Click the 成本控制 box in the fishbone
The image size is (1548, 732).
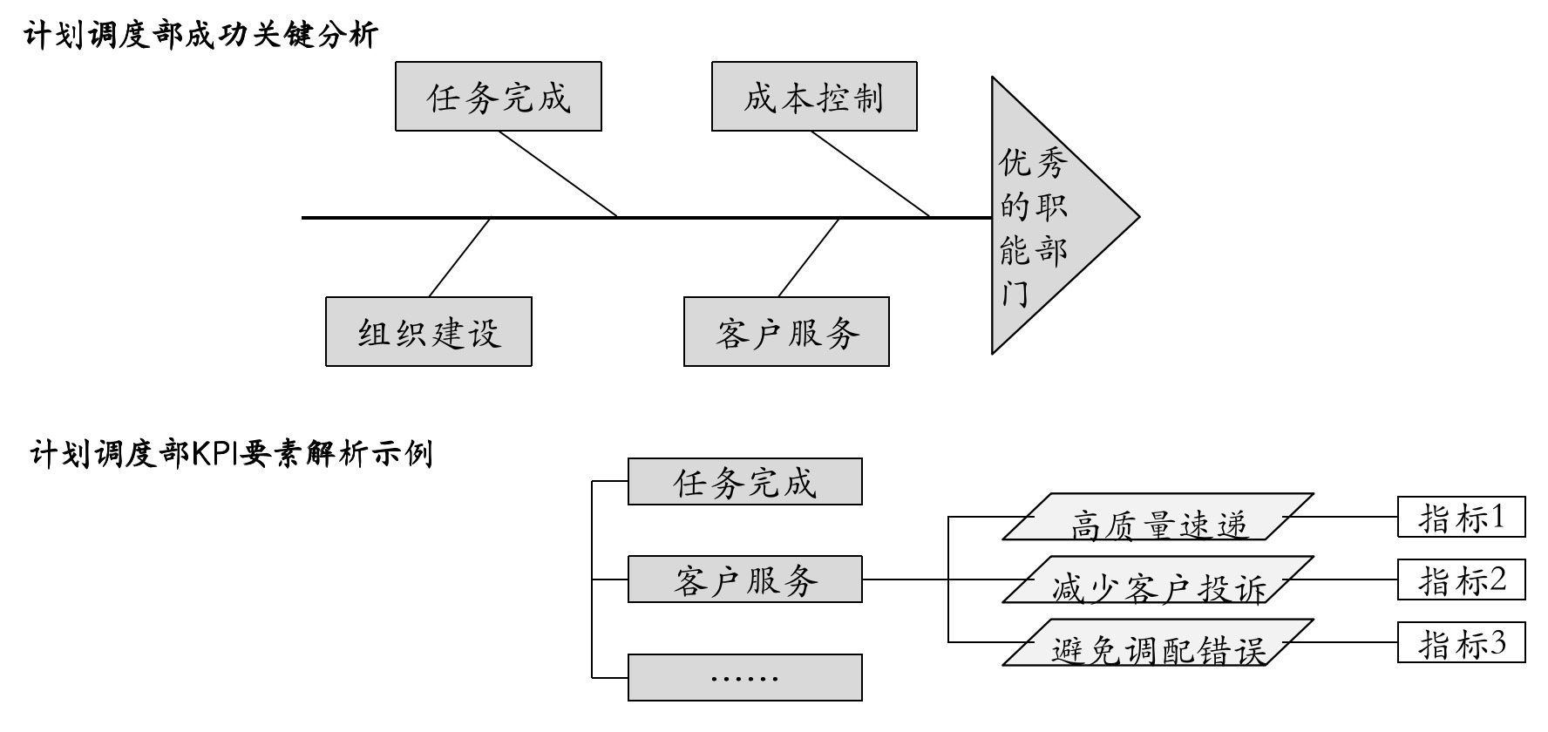pos(814,97)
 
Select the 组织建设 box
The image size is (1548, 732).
pos(428,332)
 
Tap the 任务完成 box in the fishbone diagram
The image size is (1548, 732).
pos(498,97)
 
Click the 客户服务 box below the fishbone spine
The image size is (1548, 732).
pos(786,332)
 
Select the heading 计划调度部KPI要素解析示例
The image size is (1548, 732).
pos(232,454)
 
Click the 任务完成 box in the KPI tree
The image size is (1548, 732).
pos(744,482)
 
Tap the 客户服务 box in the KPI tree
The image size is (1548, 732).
pos(744,579)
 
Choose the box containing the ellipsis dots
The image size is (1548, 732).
pos(744,677)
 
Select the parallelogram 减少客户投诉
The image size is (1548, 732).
pos(1158,580)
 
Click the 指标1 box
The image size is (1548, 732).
pos(1461,517)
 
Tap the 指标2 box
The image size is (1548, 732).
pos(1461,579)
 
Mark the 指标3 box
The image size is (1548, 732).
pos(1461,643)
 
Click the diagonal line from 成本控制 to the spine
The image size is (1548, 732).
pos(870,173)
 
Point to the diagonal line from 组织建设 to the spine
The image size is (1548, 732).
pos(460,257)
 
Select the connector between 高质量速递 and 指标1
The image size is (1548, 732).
pos(1342,517)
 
